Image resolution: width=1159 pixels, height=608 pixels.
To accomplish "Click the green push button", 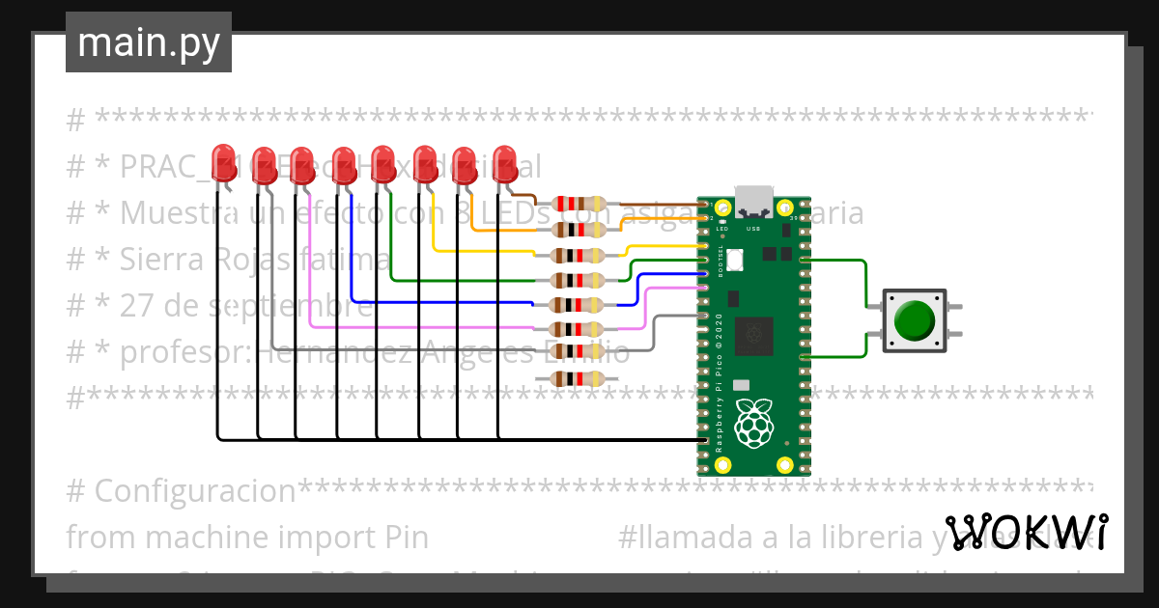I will click(914, 321).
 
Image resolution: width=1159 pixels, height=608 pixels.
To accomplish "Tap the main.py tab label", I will click(149, 42).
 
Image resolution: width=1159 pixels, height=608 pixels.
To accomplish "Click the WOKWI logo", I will click(1026, 533).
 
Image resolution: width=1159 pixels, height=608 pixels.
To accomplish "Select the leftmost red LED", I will click(224, 162).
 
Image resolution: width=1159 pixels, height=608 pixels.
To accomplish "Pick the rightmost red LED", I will click(505, 162).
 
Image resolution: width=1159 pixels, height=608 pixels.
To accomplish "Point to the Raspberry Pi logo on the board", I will click(754, 423).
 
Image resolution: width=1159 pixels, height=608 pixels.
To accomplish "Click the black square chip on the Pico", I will click(753, 335).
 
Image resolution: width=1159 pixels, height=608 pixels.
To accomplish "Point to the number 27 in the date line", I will click(136, 307).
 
